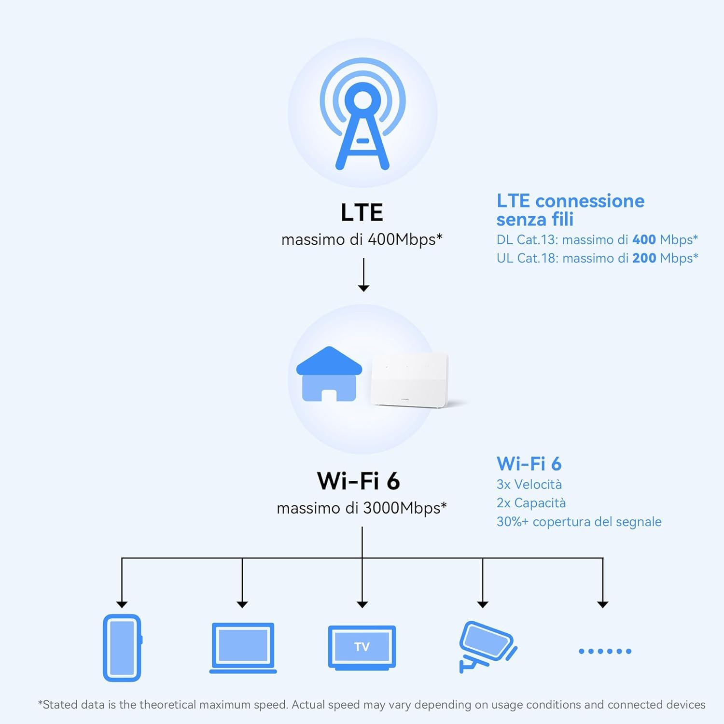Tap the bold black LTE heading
pos(362,212)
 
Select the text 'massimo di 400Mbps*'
pos(362,239)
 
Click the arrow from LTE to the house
pos(363,275)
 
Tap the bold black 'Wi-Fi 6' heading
pos(359,481)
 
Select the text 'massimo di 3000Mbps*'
pos(362,508)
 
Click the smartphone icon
pos(122,648)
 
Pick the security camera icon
pos(487,646)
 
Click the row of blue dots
pos(605,651)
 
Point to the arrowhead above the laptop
pos(242,604)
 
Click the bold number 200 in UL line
pos(644,258)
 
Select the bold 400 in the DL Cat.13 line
pos(644,240)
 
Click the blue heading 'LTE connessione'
pos(571,201)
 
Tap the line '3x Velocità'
pos(529,485)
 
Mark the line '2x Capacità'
pos(531,503)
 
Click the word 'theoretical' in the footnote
pos(167,705)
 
